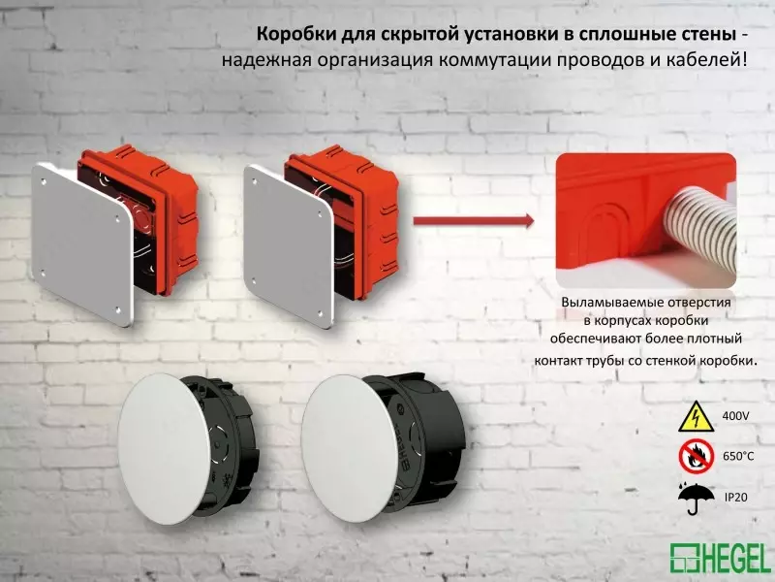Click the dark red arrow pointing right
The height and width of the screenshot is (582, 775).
(x=474, y=221)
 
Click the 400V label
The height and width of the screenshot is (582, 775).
(x=736, y=416)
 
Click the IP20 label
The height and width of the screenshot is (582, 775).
(x=736, y=496)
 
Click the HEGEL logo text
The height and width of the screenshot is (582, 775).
(x=735, y=558)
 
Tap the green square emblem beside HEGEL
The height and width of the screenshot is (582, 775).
(x=684, y=558)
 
